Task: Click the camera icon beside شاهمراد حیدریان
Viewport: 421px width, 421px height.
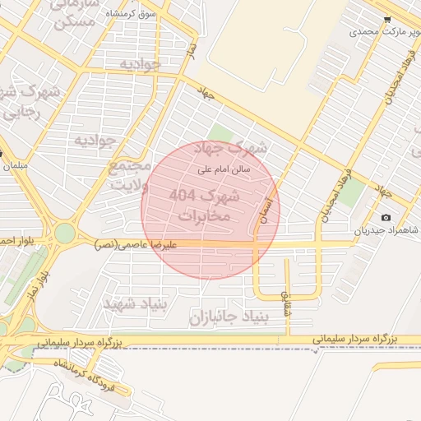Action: point(386,217)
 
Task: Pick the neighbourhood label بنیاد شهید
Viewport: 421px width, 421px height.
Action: point(134,304)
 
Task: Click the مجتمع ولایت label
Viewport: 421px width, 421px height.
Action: point(129,175)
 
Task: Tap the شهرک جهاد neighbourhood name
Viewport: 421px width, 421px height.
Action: point(237,149)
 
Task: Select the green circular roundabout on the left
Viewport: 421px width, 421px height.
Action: point(64,234)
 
